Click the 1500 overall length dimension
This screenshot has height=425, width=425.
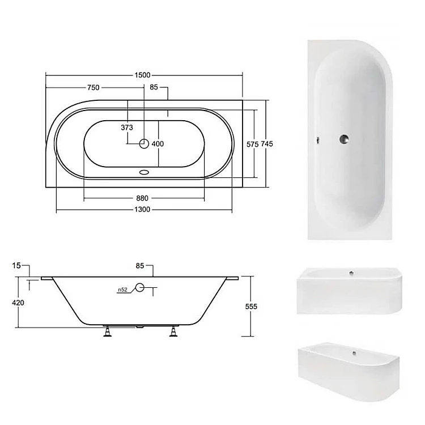point(142,75)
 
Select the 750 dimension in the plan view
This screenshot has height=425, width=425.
point(93,87)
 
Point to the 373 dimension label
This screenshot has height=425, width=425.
point(127,127)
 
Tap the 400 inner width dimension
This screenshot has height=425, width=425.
point(158,144)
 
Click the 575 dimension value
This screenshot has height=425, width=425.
point(252,144)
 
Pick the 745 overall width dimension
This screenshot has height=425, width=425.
point(267,144)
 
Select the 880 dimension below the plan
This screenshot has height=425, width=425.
point(142,198)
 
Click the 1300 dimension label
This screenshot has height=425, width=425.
point(142,210)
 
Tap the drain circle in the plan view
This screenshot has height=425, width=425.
point(144,144)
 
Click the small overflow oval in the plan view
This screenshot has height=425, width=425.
point(144,172)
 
